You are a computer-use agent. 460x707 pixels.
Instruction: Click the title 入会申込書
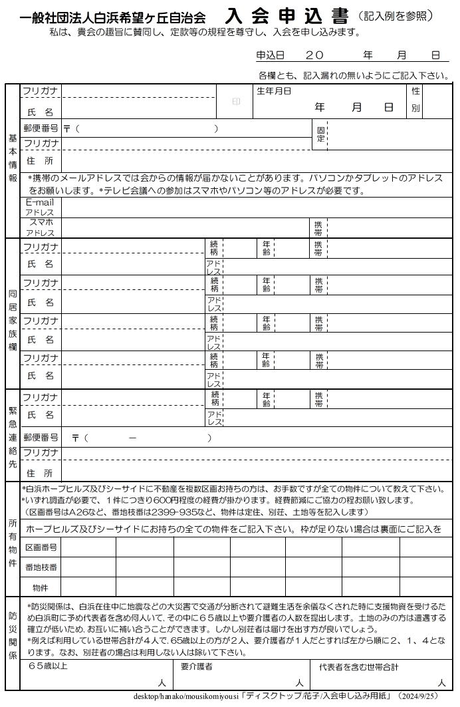(287, 16)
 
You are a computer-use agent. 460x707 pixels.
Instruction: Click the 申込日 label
(270, 57)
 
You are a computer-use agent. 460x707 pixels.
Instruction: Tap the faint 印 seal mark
(235, 102)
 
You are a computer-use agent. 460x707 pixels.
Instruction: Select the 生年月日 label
(274, 91)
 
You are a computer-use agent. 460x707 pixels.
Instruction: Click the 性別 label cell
(415, 100)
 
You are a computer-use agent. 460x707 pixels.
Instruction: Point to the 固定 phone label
(320, 134)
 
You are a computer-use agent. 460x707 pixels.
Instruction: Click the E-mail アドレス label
(40, 207)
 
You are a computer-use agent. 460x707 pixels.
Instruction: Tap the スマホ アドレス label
(41, 227)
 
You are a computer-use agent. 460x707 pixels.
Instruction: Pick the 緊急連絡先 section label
(13, 435)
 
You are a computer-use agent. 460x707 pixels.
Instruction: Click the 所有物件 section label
(13, 543)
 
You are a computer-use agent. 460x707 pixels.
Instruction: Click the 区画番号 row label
(41, 547)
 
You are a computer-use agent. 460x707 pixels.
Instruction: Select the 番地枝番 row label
(41, 567)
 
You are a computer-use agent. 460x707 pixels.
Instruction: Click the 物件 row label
(41, 587)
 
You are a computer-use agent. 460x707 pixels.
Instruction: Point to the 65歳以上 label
(48, 665)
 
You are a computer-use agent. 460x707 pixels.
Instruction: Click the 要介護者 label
(197, 665)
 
